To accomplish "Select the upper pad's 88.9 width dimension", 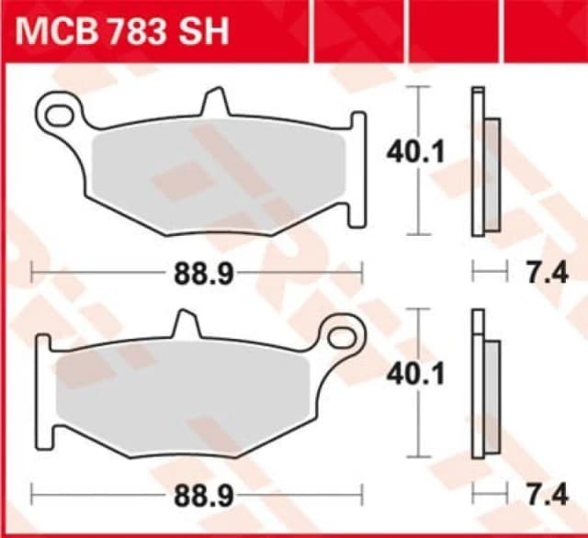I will (197, 272).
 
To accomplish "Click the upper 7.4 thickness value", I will (537, 272).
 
